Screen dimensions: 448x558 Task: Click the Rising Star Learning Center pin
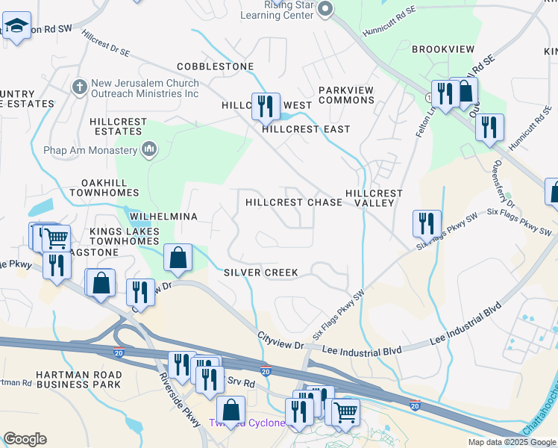click(x=325, y=9)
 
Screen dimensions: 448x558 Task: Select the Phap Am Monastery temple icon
click(x=149, y=150)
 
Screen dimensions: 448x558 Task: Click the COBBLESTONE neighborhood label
click(x=215, y=67)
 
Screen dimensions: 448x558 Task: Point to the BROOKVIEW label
click(x=443, y=49)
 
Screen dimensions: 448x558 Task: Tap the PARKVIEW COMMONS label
click(x=346, y=95)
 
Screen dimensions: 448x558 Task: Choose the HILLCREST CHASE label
click(x=283, y=202)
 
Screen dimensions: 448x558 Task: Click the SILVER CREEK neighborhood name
click(x=261, y=273)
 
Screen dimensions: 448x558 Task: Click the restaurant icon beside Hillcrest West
click(x=265, y=106)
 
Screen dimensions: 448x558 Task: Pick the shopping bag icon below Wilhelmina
click(x=178, y=258)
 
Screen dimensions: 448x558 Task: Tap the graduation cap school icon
click(x=16, y=26)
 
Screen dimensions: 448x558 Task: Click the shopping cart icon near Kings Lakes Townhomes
click(x=56, y=238)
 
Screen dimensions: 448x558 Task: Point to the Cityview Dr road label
click(x=280, y=343)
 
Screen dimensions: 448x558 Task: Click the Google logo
click(x=25, y=439)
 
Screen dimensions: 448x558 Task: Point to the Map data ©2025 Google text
click(x=511, y=442)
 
